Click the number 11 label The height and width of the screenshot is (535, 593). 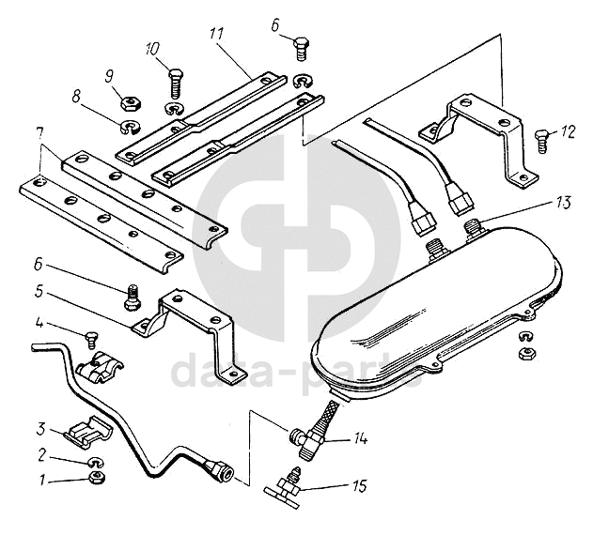[217, 36]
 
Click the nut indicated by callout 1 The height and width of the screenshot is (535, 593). [95, 479]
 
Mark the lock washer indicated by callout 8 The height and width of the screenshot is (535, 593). [127, 127]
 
